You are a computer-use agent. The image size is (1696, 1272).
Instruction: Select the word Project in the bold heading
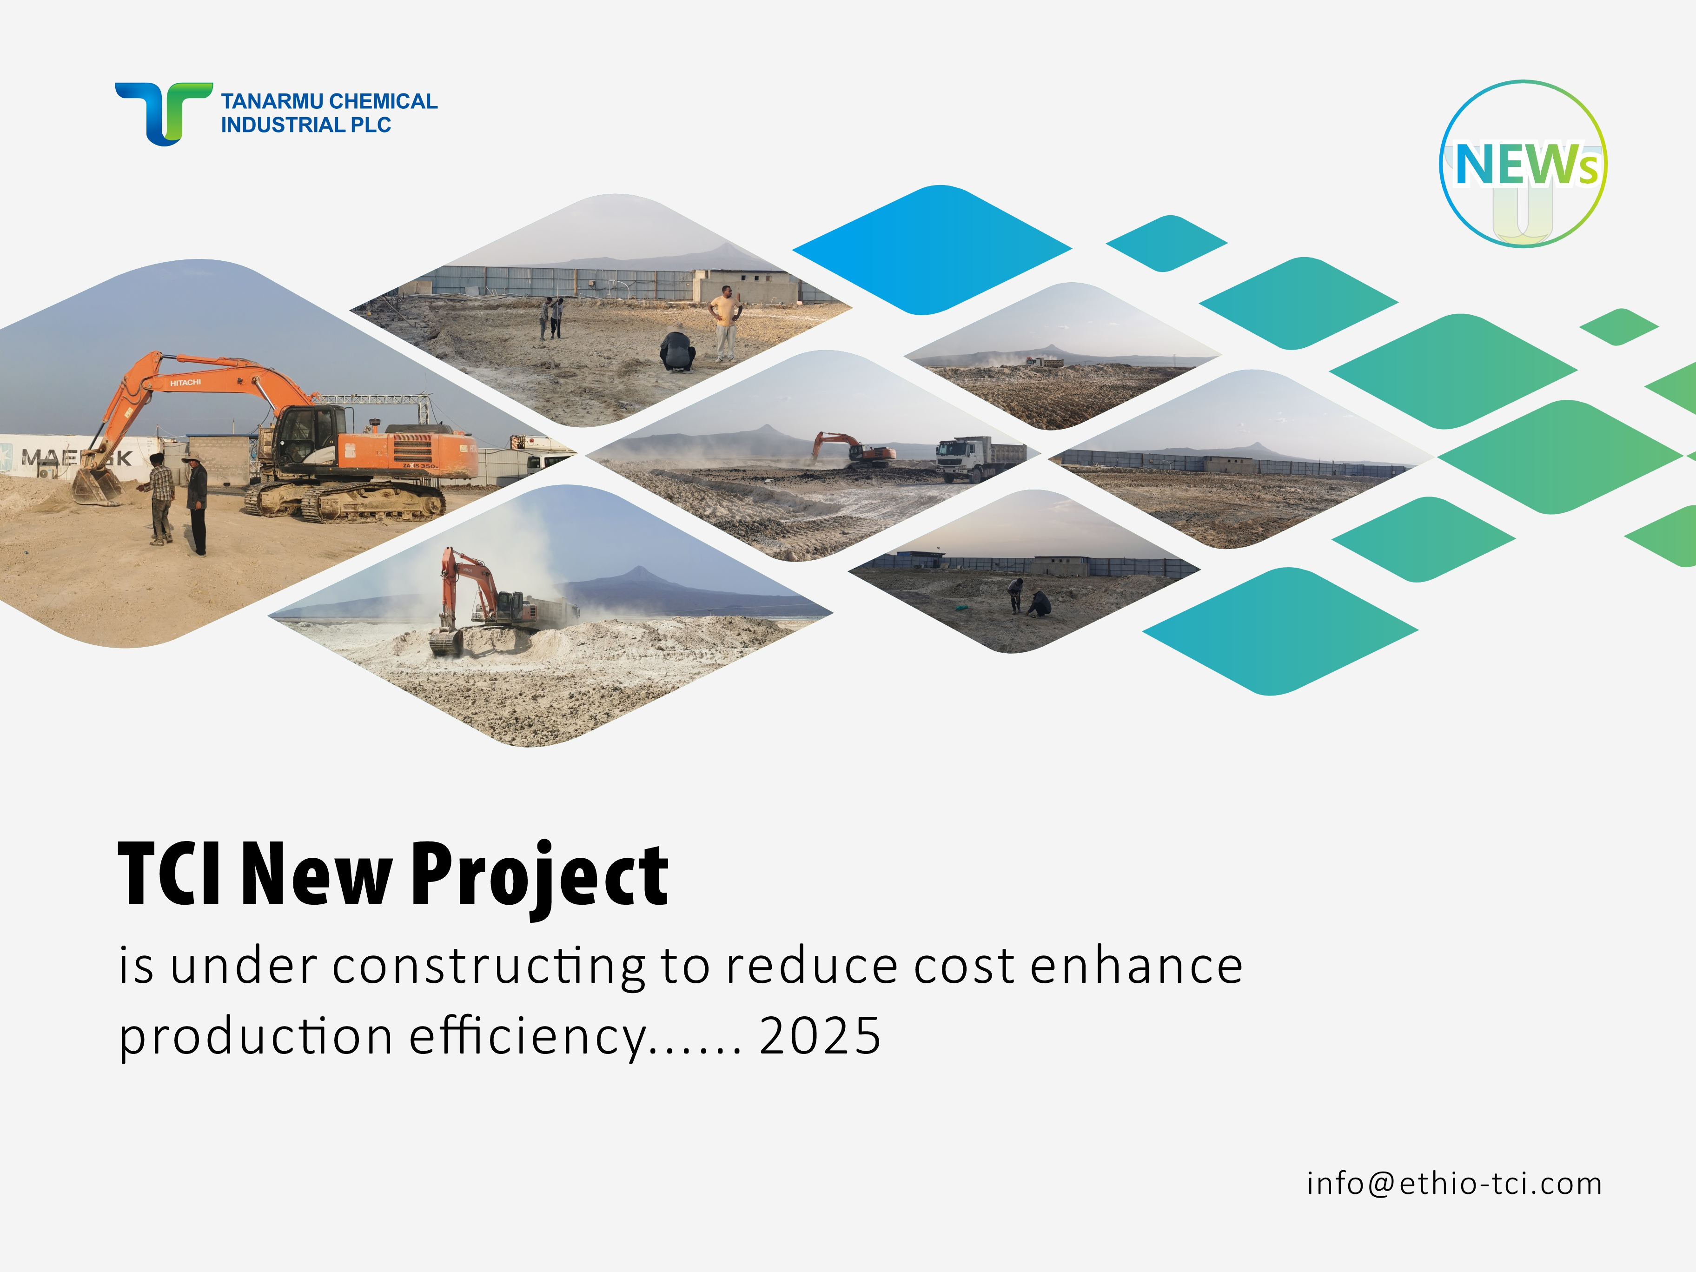540,875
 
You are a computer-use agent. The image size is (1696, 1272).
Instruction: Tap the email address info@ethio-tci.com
1455,1183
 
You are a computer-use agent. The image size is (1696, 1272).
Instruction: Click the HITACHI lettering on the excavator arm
185,382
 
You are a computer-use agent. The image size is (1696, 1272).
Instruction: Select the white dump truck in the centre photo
980,458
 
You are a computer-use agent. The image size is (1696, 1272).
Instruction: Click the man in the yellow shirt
724,323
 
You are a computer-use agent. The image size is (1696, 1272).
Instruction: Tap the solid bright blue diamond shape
932,249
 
